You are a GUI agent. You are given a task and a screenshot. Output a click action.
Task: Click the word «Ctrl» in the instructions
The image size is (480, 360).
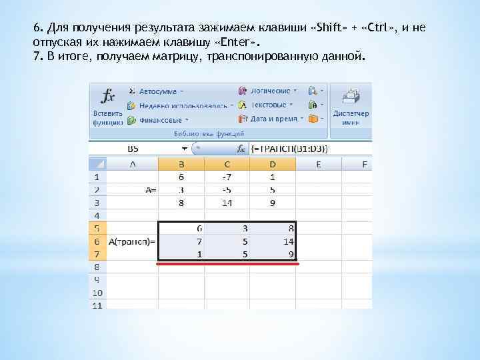pos(385,29)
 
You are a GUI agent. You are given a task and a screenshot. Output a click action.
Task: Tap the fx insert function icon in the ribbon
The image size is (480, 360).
pos(107,96)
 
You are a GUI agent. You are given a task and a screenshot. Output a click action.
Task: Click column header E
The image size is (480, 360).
pos(319,164)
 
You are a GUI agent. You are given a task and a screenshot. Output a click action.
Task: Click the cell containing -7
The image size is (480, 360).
pos(227,177)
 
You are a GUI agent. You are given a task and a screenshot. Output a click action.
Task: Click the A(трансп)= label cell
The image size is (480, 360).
pos(133,241)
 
